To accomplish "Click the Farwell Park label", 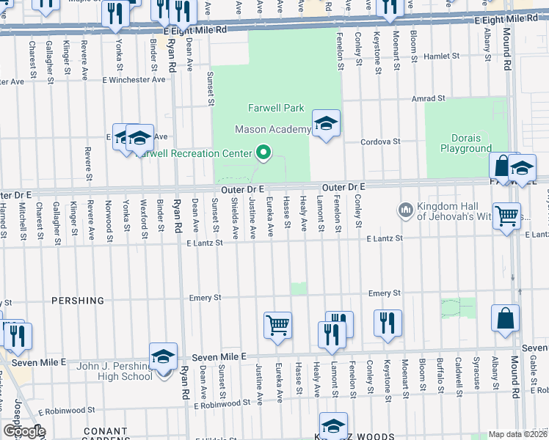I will pos(275,108).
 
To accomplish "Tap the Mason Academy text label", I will pos(272,130).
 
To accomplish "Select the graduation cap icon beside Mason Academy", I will pos(326,123).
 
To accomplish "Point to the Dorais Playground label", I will pos(465,143).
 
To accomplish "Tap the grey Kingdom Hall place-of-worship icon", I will pos(404,211).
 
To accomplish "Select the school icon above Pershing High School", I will pos(163,356).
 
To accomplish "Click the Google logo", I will pos(24,431).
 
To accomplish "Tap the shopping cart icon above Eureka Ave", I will pos(277,324).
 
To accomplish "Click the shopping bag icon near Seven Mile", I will pos(505,318).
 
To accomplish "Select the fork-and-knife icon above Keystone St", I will pos(387,323).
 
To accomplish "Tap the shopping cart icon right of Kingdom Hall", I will pos(506,216).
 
